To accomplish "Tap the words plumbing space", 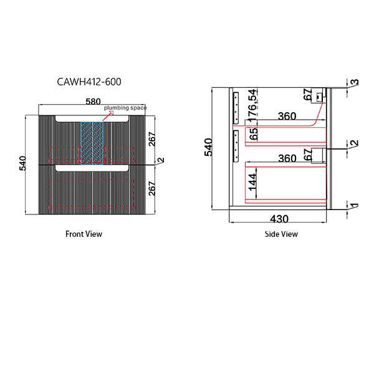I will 125,108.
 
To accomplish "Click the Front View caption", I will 84,234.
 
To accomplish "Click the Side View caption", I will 281,234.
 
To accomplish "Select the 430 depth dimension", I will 279,220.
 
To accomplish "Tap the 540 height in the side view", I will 209,146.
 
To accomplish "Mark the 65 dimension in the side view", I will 252,136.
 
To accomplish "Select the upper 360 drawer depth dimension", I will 287,117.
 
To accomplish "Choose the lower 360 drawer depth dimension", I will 287,159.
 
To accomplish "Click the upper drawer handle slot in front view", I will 92,118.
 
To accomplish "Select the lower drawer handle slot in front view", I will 92,168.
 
